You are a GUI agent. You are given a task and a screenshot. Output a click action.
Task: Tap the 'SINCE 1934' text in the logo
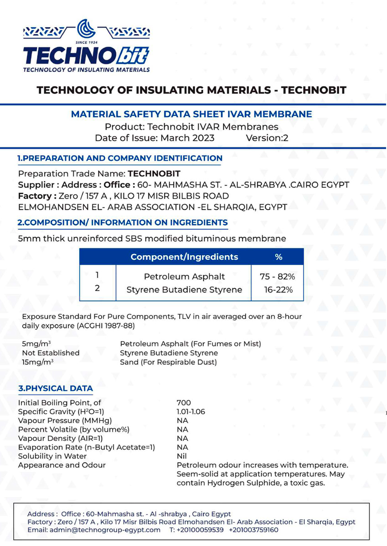click(x=86, y=43)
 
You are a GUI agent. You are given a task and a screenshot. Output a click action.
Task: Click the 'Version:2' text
click(x=267, y=138)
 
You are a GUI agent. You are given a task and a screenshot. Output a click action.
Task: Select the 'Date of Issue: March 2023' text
click(x=155, y=138)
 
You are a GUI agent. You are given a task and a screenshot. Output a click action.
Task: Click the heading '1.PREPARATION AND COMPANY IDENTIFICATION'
click(x=120, y=158)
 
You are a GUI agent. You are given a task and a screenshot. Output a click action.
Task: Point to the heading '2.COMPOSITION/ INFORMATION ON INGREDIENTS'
click(x=123, y=222)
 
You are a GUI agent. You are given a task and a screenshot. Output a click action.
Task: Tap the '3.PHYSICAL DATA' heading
click(x=55, y=388)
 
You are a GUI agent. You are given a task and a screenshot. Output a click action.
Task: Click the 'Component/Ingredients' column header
click(x=184, y=257)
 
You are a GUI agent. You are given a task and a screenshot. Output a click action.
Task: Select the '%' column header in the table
click(x=279, y=257)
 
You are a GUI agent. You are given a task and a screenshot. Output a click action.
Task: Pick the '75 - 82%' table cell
click(x=278, y=276)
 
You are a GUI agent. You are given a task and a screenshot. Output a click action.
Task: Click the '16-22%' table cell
click(x=278, y=290)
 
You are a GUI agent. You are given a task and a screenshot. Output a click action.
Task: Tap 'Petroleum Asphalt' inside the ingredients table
click(x=184, y=276)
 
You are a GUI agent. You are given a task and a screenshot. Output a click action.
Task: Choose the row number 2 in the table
click(x=97, y=288)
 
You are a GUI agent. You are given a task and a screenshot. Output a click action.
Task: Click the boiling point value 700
click(x=184, y=403)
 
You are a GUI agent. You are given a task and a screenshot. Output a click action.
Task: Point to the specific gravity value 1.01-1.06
click(x=191, y=411)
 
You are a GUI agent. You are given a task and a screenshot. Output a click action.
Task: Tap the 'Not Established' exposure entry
click(x=51, y=353)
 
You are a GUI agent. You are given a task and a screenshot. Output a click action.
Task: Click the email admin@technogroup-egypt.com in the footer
click(x=94, y=530)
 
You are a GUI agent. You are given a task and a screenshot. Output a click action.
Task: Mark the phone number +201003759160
click(x=253, y=530)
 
